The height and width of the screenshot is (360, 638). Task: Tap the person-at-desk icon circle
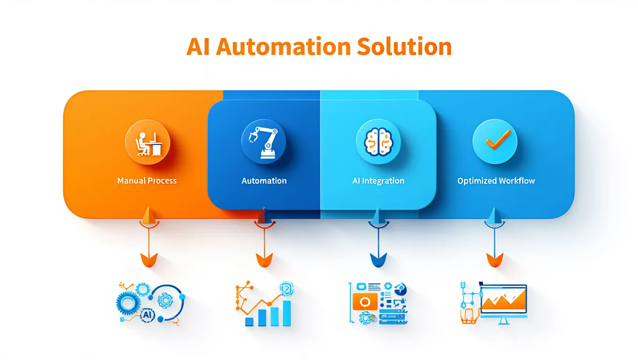click(147, 141)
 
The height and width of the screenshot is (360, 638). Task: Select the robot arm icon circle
click(264, 141)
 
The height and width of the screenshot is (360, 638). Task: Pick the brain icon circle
click(378, 141)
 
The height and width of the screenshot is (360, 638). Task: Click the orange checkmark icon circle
click(495, 141)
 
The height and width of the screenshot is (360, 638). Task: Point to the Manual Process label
click(147, 180)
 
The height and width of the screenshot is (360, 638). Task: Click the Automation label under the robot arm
click(264, 180)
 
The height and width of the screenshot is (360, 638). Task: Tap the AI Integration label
click(378, 180)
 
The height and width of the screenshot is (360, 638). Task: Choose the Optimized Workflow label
click(496, 180)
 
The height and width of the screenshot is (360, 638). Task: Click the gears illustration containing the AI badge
click(149, 304)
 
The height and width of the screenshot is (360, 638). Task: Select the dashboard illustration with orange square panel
click(378, 304)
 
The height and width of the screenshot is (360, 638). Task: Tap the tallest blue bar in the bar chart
click(287, 312)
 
